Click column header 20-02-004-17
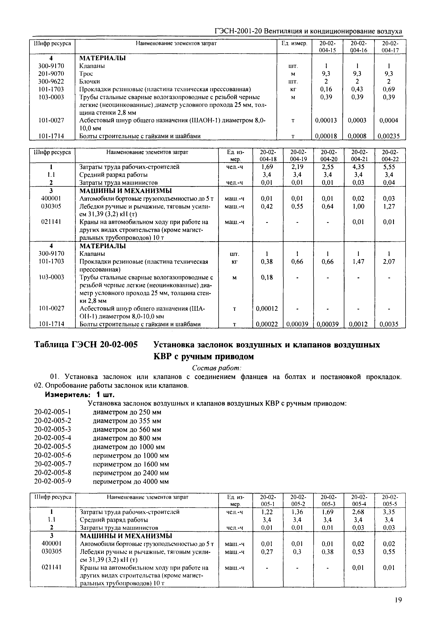(x=390, y=47)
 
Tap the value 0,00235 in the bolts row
(x=389, y=136)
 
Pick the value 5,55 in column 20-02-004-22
(x=389, y=167)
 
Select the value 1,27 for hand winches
(x=389, y=207)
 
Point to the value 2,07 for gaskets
(x=389, y=262)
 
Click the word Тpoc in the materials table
(x=86, y=74)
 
